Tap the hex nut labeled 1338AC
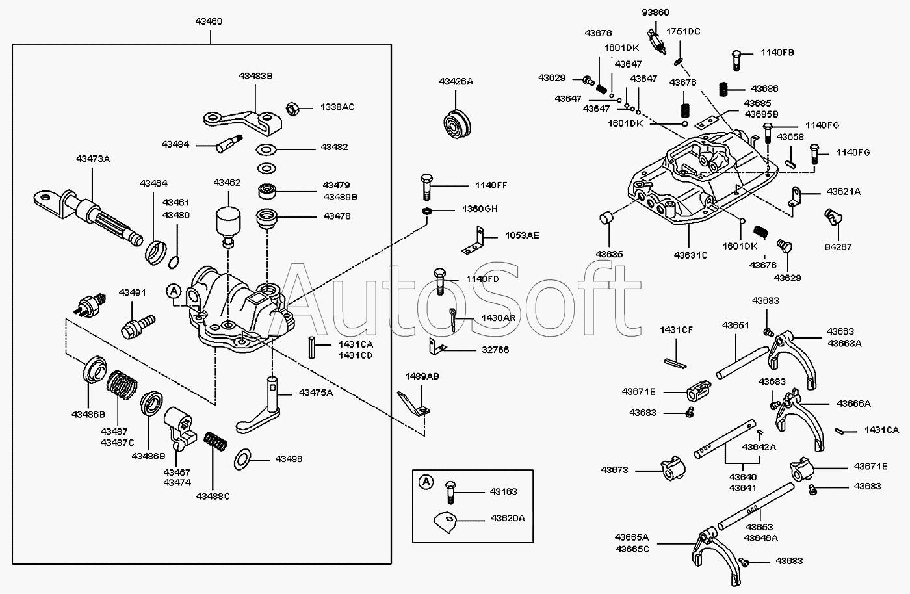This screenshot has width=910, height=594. (292, 107)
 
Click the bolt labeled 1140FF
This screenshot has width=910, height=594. (426, 186)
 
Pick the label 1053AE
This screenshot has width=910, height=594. (519, 235)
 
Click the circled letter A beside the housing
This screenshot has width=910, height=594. (174, 292)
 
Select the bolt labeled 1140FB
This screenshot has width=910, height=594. (737, 58)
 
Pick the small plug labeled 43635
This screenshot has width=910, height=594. (608, 218)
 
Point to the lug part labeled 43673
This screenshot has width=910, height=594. (672, 469)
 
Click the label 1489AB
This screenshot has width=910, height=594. (422, 376)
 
